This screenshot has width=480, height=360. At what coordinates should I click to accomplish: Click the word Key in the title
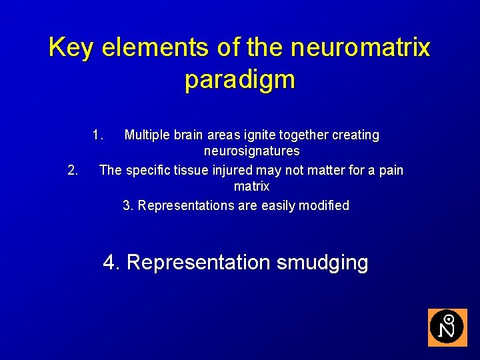click(71, 47)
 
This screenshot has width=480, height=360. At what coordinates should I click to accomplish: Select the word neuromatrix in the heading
click(361, 47)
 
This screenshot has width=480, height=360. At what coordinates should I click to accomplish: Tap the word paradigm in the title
click(240, 79)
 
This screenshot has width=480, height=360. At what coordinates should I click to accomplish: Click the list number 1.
click(98, 135)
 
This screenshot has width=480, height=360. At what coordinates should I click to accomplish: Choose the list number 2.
click(74, 170)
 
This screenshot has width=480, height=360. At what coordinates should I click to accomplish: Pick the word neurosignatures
click(251, 152)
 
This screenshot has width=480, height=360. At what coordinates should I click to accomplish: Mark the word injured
click(234, 170)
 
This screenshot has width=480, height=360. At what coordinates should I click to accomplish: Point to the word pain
click(391, 170)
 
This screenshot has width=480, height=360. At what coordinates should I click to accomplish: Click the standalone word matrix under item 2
click(251, 187)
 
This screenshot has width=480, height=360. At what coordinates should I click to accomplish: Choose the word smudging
click(322, 263)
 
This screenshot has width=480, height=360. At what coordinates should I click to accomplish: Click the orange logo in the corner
click(447, 327)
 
